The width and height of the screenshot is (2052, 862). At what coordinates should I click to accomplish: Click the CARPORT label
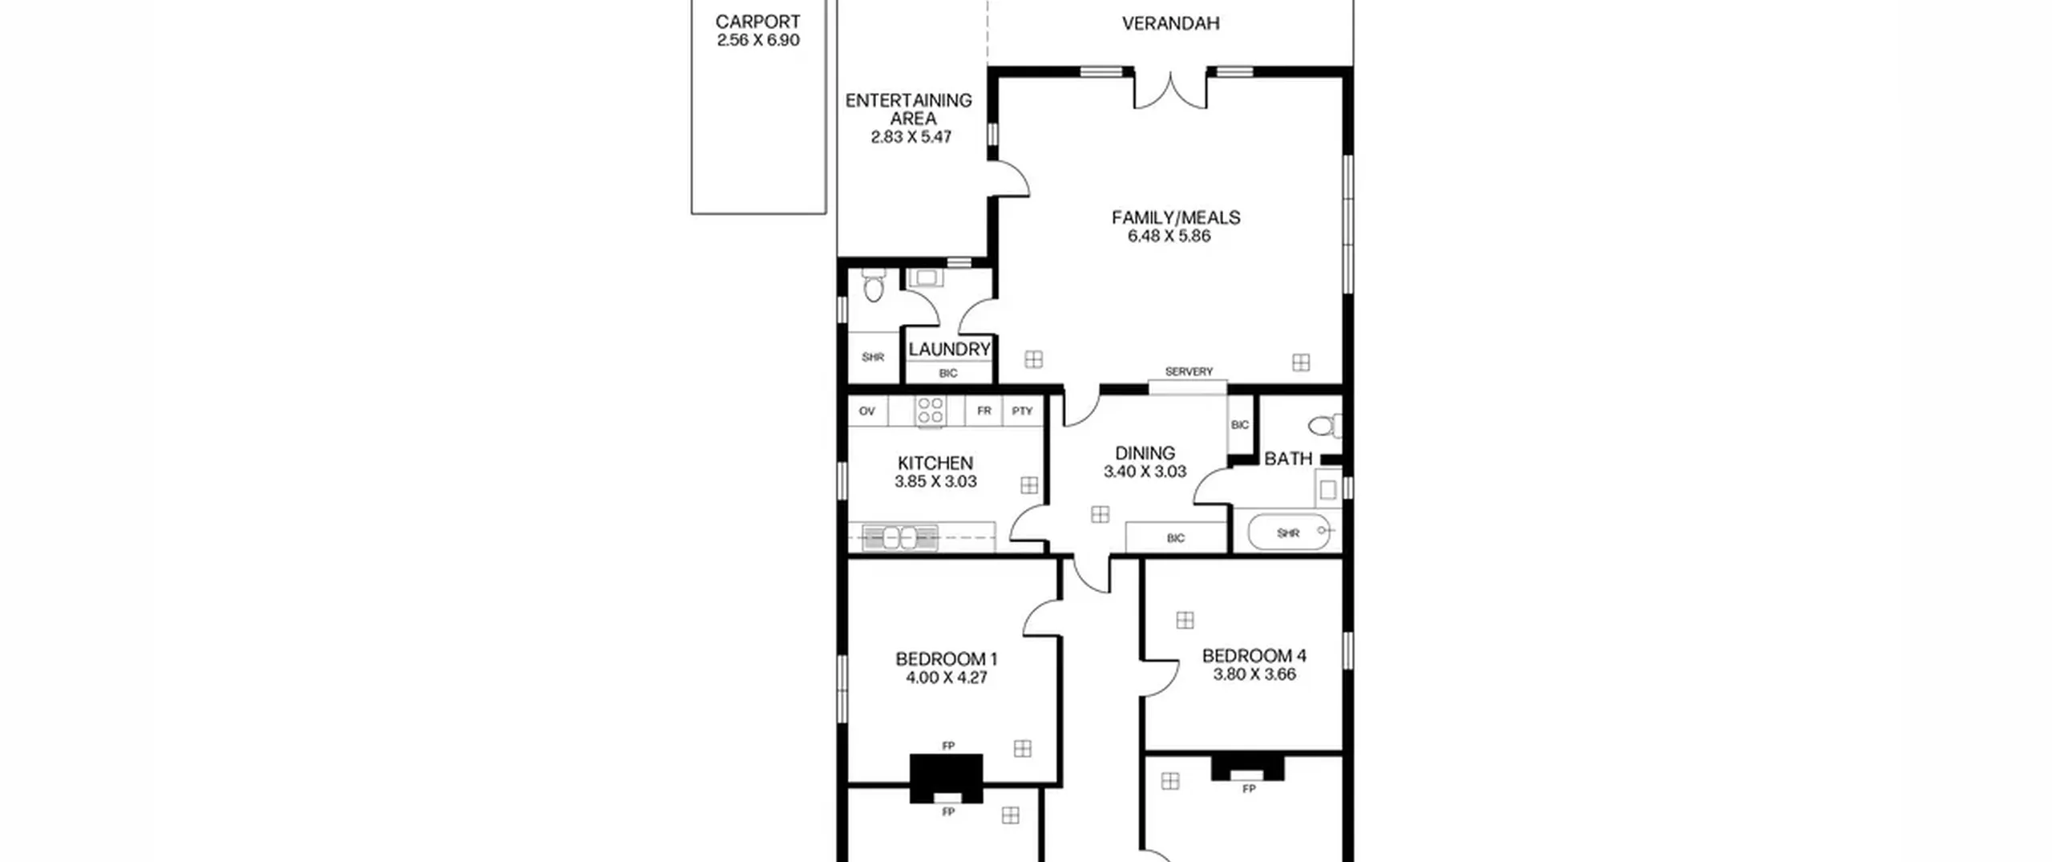click(x=757, y=22)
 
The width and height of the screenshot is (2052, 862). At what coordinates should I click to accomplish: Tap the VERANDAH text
click(x=1170, y=23)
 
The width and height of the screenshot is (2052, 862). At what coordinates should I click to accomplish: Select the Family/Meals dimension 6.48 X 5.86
click(x=1169, y=236)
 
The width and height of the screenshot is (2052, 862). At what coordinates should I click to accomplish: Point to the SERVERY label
click(x=1189, y=371)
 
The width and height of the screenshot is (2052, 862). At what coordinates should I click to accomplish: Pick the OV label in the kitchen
click(x=866, y=411)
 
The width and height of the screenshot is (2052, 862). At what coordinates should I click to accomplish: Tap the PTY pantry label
click(x=1022, y=411)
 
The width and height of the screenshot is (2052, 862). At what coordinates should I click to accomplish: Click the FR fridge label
click(x=984, y=411)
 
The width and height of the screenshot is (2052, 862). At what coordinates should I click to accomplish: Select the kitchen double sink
click(x=899, y=537)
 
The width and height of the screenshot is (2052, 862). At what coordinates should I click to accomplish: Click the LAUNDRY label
click(x=949, y=349)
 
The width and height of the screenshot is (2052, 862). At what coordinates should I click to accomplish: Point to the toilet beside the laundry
click(x=873, y=284)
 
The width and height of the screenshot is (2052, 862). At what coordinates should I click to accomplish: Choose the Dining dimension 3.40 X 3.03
click(x=1145, y=471)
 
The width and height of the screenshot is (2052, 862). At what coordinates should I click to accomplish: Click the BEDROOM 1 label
click(x=946, y=659)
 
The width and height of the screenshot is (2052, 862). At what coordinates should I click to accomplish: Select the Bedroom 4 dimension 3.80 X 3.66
click(x=1254, y=674)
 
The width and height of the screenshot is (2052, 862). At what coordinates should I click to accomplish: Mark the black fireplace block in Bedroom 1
click(x=947, y=777)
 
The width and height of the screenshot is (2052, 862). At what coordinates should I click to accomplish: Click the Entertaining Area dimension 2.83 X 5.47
click(x=911, y=137)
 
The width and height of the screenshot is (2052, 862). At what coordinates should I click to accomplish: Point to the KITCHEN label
click(x=935, y=463)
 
